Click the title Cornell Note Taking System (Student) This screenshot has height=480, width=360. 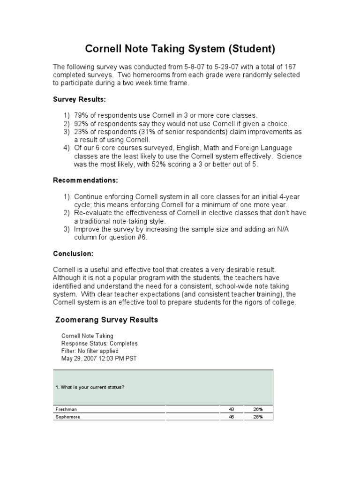(x=180, y=49)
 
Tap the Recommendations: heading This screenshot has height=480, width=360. (x=85, y=180)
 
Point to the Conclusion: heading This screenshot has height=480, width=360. (x=73, y=254)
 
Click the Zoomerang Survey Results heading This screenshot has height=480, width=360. (x=107, y=320)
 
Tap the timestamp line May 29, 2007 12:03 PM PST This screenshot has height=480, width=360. (x=99, y=359)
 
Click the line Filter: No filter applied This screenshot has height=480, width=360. (x=90, y=351)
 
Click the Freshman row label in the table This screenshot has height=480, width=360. (x=65, y=409)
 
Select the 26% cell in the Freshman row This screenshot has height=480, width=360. (x=257, y=409)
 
